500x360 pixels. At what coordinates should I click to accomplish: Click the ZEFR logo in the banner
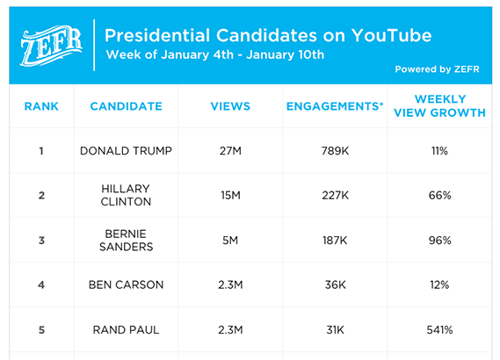[x=51, y=46]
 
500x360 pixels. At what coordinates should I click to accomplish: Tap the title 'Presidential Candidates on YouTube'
[x=268, y=35]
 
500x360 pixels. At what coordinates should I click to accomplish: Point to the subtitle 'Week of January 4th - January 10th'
[x=215, y=54]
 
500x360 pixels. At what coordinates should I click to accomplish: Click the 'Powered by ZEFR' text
[x=437, y=69]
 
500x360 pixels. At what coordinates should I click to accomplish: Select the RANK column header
[x=41, y=106]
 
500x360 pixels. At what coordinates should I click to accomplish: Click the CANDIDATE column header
[x=127, y=106]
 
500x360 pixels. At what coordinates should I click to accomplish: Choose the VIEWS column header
[x=230, y=106]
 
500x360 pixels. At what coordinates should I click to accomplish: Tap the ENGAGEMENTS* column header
[x=335, y=106]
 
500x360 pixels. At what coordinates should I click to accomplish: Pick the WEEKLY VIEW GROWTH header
[x=439, y=105]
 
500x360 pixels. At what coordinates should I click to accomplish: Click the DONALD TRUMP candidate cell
[x=126, y=151]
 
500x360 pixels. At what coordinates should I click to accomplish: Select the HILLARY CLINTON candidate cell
[x=126, y=195]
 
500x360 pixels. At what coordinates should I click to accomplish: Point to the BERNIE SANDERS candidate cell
[x=126, y=241]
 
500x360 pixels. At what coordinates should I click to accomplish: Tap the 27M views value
[x=230, y=151]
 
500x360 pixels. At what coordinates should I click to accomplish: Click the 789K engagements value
[x=335, y=151]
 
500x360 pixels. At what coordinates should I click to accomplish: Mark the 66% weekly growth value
[x=439, y=195]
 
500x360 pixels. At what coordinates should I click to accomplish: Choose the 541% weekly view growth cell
[x=439, y=330]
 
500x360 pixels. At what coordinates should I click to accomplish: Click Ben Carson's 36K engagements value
[x=335, y=284]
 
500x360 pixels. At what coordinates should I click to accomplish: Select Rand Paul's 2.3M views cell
[x=230, y=330]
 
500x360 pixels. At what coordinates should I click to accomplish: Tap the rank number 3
[x=41, y=241]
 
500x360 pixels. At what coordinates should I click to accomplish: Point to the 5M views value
[x=230, y=241]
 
